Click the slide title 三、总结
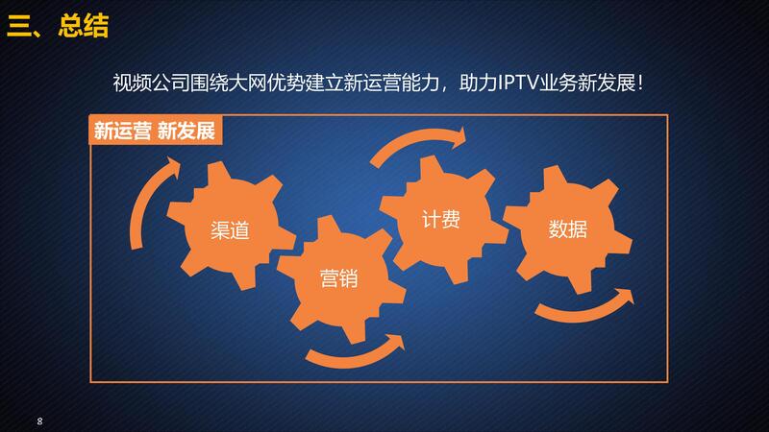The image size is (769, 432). (58, 26)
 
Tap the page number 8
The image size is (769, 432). (39, 420)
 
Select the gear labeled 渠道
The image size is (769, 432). (230, 225)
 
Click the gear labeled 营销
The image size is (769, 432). (341, 278)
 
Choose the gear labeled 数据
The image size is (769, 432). (568, 229)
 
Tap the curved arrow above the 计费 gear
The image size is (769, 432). (417, 142)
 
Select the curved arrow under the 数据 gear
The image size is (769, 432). (583, 308)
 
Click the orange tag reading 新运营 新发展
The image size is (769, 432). (155, 131)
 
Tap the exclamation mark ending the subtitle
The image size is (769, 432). (640, 84)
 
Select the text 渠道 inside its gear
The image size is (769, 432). (230, 230)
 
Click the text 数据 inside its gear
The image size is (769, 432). (568, 228)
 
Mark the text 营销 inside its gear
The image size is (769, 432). (339, 278)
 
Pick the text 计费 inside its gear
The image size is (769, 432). (441, 220)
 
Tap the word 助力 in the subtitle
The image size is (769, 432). (478, 83)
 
